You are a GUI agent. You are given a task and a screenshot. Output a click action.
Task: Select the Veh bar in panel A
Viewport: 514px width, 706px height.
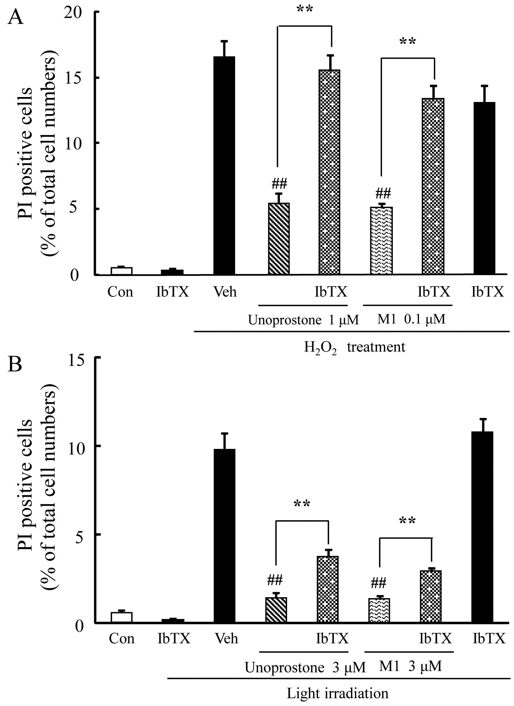tap(224, 165)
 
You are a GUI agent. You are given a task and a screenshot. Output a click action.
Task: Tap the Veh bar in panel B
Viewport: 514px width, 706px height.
tap(224, 536)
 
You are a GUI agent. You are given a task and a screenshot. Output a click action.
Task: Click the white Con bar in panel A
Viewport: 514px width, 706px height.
tap(122, 271)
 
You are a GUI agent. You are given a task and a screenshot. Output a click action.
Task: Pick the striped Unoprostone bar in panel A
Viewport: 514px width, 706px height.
tap(279, 238)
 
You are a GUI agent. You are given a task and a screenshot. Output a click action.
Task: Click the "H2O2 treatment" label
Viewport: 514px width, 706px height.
tap(354, 347)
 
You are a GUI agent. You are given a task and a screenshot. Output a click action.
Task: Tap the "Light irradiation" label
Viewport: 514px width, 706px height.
tap(337, 693)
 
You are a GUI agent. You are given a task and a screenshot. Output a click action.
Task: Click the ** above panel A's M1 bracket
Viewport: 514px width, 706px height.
tap(407, 42)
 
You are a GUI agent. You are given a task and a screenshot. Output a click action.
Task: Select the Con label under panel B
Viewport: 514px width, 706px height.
tap(121, 639)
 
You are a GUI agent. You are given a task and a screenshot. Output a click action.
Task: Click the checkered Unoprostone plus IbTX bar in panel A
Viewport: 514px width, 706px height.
tap(329, 172)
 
